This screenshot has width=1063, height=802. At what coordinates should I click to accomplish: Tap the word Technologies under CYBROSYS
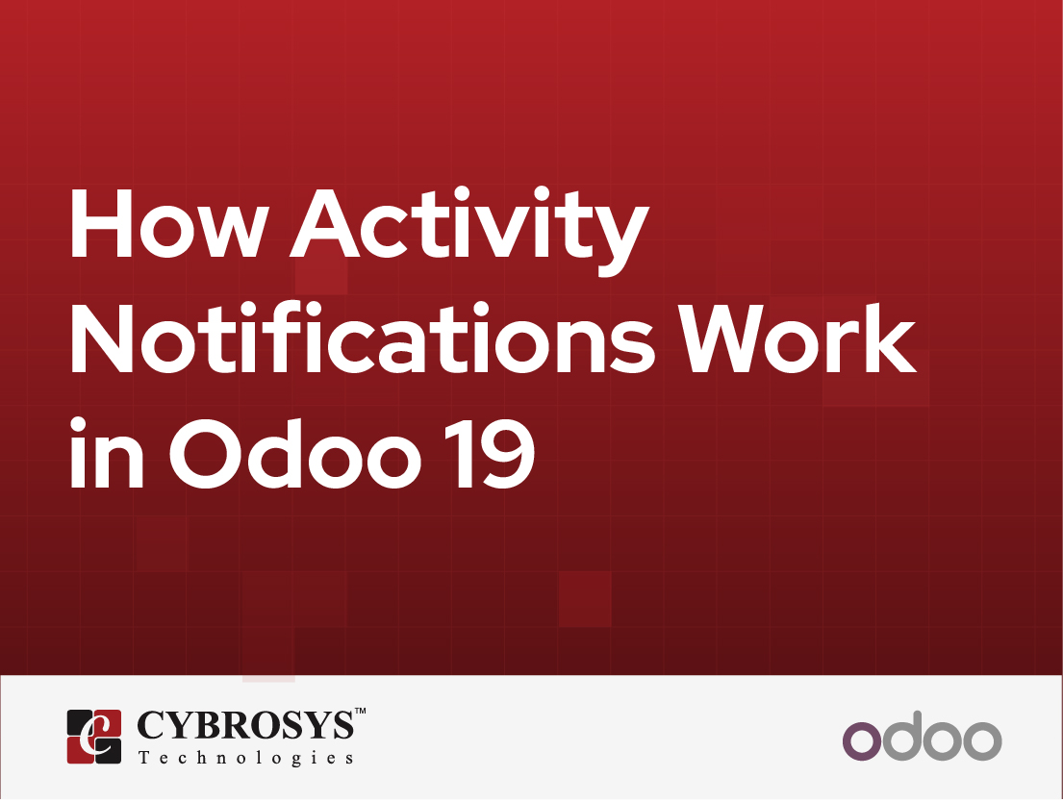[245, 758]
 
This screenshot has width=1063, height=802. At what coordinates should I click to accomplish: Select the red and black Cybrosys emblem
[93, 737]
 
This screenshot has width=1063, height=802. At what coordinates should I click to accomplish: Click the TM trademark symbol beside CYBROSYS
[361, 712]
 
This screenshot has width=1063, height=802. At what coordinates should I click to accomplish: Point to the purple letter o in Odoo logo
[862, 739]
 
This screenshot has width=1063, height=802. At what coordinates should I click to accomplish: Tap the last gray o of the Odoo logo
[982, 739]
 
